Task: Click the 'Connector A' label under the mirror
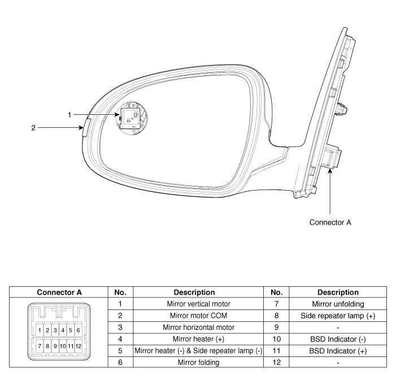tap(330, 222)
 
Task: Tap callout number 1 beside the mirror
tap(69, 115)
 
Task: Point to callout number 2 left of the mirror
tap(33, 127)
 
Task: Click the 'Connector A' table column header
tap(59, 292)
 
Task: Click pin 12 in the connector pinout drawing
tap(78, 345)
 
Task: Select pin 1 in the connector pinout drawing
tap(40, 330)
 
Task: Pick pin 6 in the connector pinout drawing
tap(77, 330)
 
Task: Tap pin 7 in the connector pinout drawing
tap(40, 345)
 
